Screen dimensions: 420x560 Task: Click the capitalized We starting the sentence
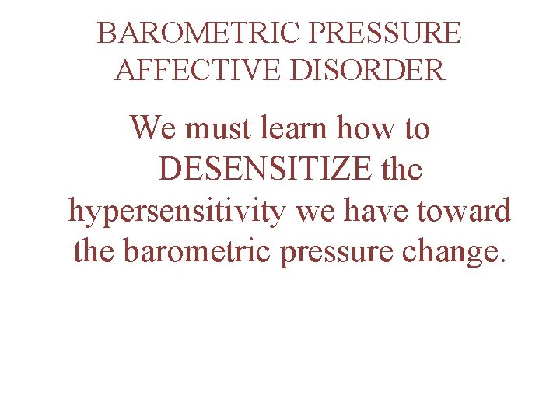(x=155, y=128)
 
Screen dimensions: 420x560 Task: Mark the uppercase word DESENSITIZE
(x=265, y=169)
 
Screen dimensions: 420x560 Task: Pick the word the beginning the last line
(x=95, y=251)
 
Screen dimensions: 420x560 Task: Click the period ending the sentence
(x=502, y=261)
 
